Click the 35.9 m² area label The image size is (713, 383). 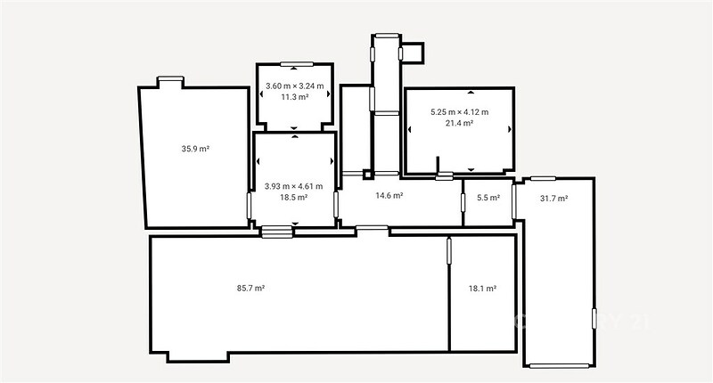[195, 149]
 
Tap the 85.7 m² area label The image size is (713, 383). [250, 288]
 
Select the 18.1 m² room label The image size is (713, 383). [482, 289]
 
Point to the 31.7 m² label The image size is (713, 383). [553, 198]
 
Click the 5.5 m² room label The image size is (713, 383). [488, 198]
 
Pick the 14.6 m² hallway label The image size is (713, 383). [389, 195]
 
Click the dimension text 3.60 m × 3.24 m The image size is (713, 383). [295, 86]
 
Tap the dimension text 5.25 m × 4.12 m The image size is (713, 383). [460, 111]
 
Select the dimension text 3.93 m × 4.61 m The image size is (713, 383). [294, 186]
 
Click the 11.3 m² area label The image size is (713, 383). [295, 97]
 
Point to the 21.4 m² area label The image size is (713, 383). [459, 123]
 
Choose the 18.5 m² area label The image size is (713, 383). [294, 197]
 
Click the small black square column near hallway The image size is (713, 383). [367, 174]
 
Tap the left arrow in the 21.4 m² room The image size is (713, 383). [410, 129]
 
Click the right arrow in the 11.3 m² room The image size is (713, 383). [328, 94]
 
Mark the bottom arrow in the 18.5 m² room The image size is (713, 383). [295, 224]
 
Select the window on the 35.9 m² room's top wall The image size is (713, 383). [170, 78]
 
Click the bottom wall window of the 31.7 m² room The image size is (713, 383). [559, 365]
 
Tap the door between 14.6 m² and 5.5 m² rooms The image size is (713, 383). [463, 202]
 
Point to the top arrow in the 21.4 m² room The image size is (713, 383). [471, 93]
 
